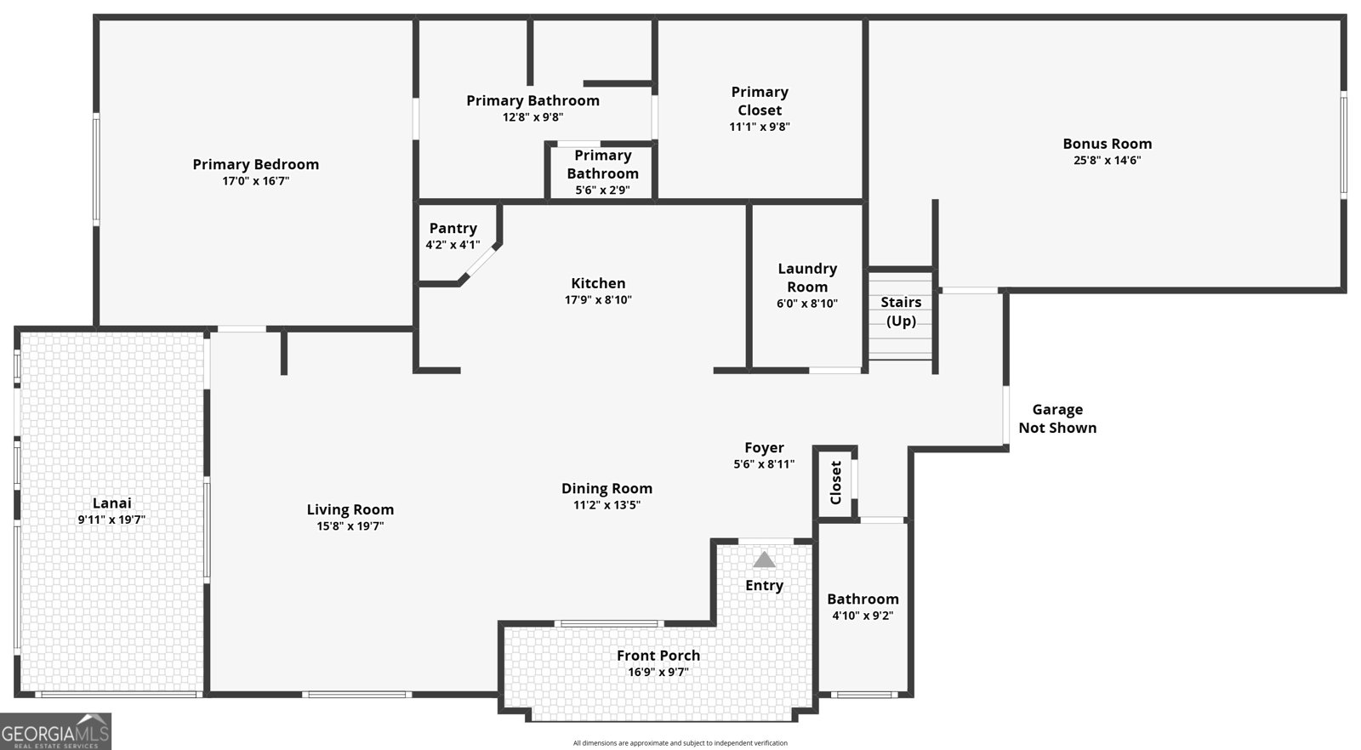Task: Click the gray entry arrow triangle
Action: (x=764, y=560)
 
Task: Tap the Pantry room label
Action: (x=453, y=228)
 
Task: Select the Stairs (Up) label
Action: (x=901, y=311)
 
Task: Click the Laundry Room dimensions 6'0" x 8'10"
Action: (x=807, y=304)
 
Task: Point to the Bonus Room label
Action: (x=1107, y=144)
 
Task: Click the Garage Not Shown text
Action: (x=1057, y=418)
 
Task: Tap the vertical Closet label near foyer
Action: (x=835, y=482)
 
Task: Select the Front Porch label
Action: (x=658, y=655)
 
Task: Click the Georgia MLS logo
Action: (x=56, y=731)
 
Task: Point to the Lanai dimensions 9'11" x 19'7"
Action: (x=111, y=520)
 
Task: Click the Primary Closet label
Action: (x=760, y=100)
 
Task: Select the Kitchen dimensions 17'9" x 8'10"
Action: (x=598, y=300)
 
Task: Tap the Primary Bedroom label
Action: (x=255, y=164)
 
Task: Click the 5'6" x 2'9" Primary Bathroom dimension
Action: (x=602, y=190)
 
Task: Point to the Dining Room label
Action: (x=606, y=488)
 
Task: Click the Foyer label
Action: (x=764, y=447)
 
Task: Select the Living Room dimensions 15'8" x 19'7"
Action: (x=350, y=526)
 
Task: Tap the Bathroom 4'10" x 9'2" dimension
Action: (x=863, y=616)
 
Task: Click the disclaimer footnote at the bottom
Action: (x=680, y=743)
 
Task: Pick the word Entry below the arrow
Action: (x=764, y=585)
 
